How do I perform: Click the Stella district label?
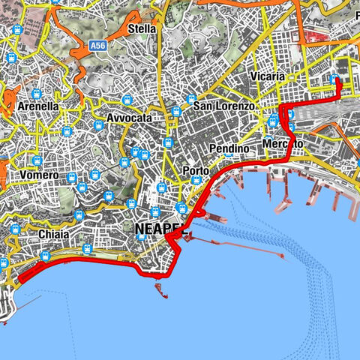[x=142, y=28]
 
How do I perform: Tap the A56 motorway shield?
[x=97, y=46]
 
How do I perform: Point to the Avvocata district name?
[x=129, y=118]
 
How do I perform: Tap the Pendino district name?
[x=228, y=148]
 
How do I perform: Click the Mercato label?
[x=283, y=143]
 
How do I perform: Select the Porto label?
[x=196, y=171]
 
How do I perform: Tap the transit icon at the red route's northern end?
[x=334, y=80]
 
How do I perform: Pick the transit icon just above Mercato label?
[x=273, y=121]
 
